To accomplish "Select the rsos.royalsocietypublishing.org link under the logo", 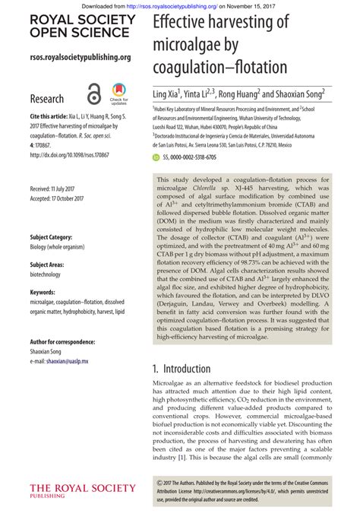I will (81, 57).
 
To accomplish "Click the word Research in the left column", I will (46, 99).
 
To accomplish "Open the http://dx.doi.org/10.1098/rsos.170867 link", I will (70, 154).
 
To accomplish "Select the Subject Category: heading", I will (52, 237).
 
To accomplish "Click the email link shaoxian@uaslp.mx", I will (67, 362).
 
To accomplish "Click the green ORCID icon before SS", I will (156, 157).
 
